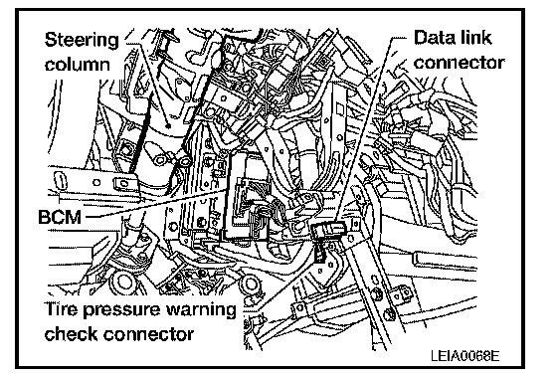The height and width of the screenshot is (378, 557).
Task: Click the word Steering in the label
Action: (x=82, y=40)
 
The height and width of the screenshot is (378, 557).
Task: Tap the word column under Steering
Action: (x=78, y=65)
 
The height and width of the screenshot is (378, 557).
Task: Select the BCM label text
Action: (x=60, y=217)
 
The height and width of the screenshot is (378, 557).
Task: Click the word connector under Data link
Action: (x=459, y=63)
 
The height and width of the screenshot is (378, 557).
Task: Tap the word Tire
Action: (x=61, y=308)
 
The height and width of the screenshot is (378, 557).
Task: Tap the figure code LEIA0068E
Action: (x=465, y=355)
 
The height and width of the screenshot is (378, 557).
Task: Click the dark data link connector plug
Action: (x=327, y=230)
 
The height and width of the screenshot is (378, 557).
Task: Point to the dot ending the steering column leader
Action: (x=169, y=125)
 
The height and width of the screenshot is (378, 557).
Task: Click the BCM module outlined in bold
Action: (x=245, y=196)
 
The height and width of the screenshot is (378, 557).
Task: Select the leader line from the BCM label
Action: (x=154, y=203)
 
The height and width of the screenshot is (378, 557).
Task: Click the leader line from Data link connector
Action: (x=362, y=130)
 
